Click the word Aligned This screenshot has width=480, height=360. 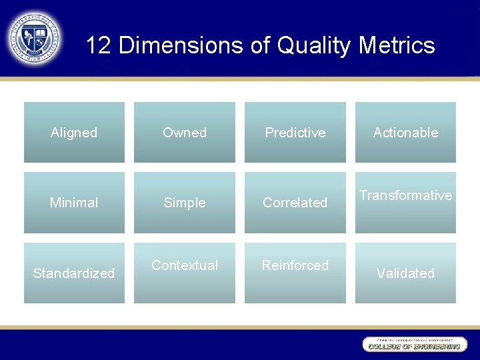[74, 133]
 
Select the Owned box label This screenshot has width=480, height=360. [185, 133]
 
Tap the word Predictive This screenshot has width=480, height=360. [295, 133]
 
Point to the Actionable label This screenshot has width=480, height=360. [405, 133]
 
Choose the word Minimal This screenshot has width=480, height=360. [74, 203]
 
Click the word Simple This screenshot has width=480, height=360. [185, 203]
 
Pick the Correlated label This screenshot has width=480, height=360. [295, 203]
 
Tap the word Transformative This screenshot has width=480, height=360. [405, 195]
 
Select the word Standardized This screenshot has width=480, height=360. [74, 273]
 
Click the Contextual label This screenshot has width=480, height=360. [185, 265]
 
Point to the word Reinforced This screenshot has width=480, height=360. [295, 265]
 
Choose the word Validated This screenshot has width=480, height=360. [405, 273]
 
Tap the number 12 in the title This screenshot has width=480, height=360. [99, 45]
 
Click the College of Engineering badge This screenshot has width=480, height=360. [413, 344]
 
